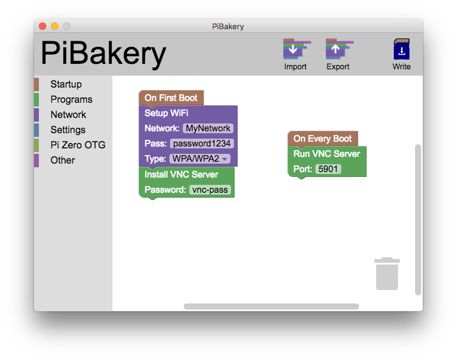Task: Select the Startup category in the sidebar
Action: click(66, 85)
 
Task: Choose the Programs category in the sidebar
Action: click(71, 100)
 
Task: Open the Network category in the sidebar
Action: click(68, 115)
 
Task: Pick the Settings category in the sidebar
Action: click(67, 130)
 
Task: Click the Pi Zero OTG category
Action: click(78, 145)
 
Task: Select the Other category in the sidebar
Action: click(63, 161)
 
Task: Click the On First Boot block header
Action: click(171, 98)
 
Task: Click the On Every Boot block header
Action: click(322, 139)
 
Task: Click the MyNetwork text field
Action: click(208, 128)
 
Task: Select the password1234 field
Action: click(202, 144)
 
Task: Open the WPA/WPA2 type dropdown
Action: click(199, 159)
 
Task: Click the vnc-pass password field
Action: click(210, 190)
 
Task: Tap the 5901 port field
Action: click(328, 169)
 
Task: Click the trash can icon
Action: click(387, 274)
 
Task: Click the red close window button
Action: click(43, 26)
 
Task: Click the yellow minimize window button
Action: click(55, 26)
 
